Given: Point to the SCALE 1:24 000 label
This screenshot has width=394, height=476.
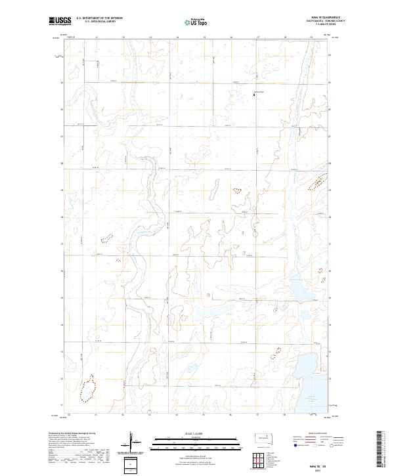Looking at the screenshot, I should (x=195, y=434).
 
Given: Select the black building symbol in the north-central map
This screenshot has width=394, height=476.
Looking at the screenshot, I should (x=255, y=95).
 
